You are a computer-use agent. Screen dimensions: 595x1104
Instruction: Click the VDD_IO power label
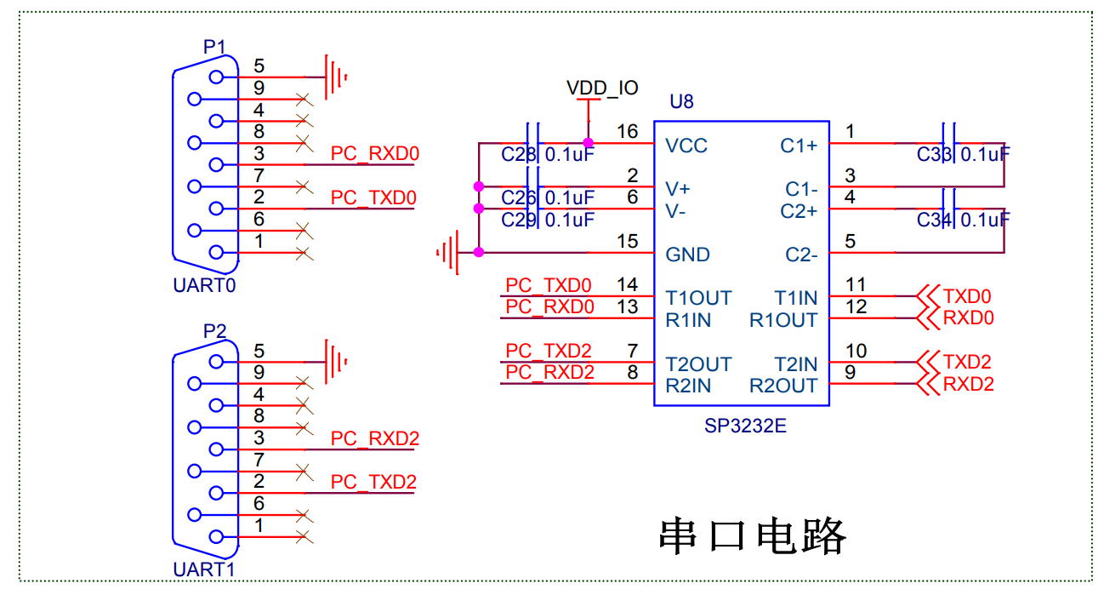(x=602, y=88)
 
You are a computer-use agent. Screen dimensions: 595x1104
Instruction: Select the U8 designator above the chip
(x=681, y=102)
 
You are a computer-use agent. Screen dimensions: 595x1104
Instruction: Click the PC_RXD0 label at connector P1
(x=375, y=154)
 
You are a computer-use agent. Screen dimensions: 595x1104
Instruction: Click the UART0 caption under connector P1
(x=204, y=286)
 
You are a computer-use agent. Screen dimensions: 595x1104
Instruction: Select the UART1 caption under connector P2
(x=204, y=569)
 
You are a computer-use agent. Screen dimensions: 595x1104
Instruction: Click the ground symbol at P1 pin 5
(x=337, y=77)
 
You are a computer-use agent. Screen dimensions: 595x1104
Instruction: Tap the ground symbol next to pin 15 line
(x=449, y=252)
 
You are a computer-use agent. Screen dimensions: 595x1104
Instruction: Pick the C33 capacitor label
(x=935, y=154)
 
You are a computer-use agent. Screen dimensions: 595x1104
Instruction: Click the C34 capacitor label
(x=935, y=220)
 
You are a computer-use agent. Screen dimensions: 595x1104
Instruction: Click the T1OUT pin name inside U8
(x=698, y=298)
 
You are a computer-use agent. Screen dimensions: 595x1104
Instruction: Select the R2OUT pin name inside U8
(x=782, y=386)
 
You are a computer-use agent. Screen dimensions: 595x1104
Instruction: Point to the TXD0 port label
(x=967, y=297)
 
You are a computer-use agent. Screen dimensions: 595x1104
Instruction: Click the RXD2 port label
(x=968, y=384)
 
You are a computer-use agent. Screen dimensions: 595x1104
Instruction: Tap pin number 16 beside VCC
(x=627, y=132)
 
